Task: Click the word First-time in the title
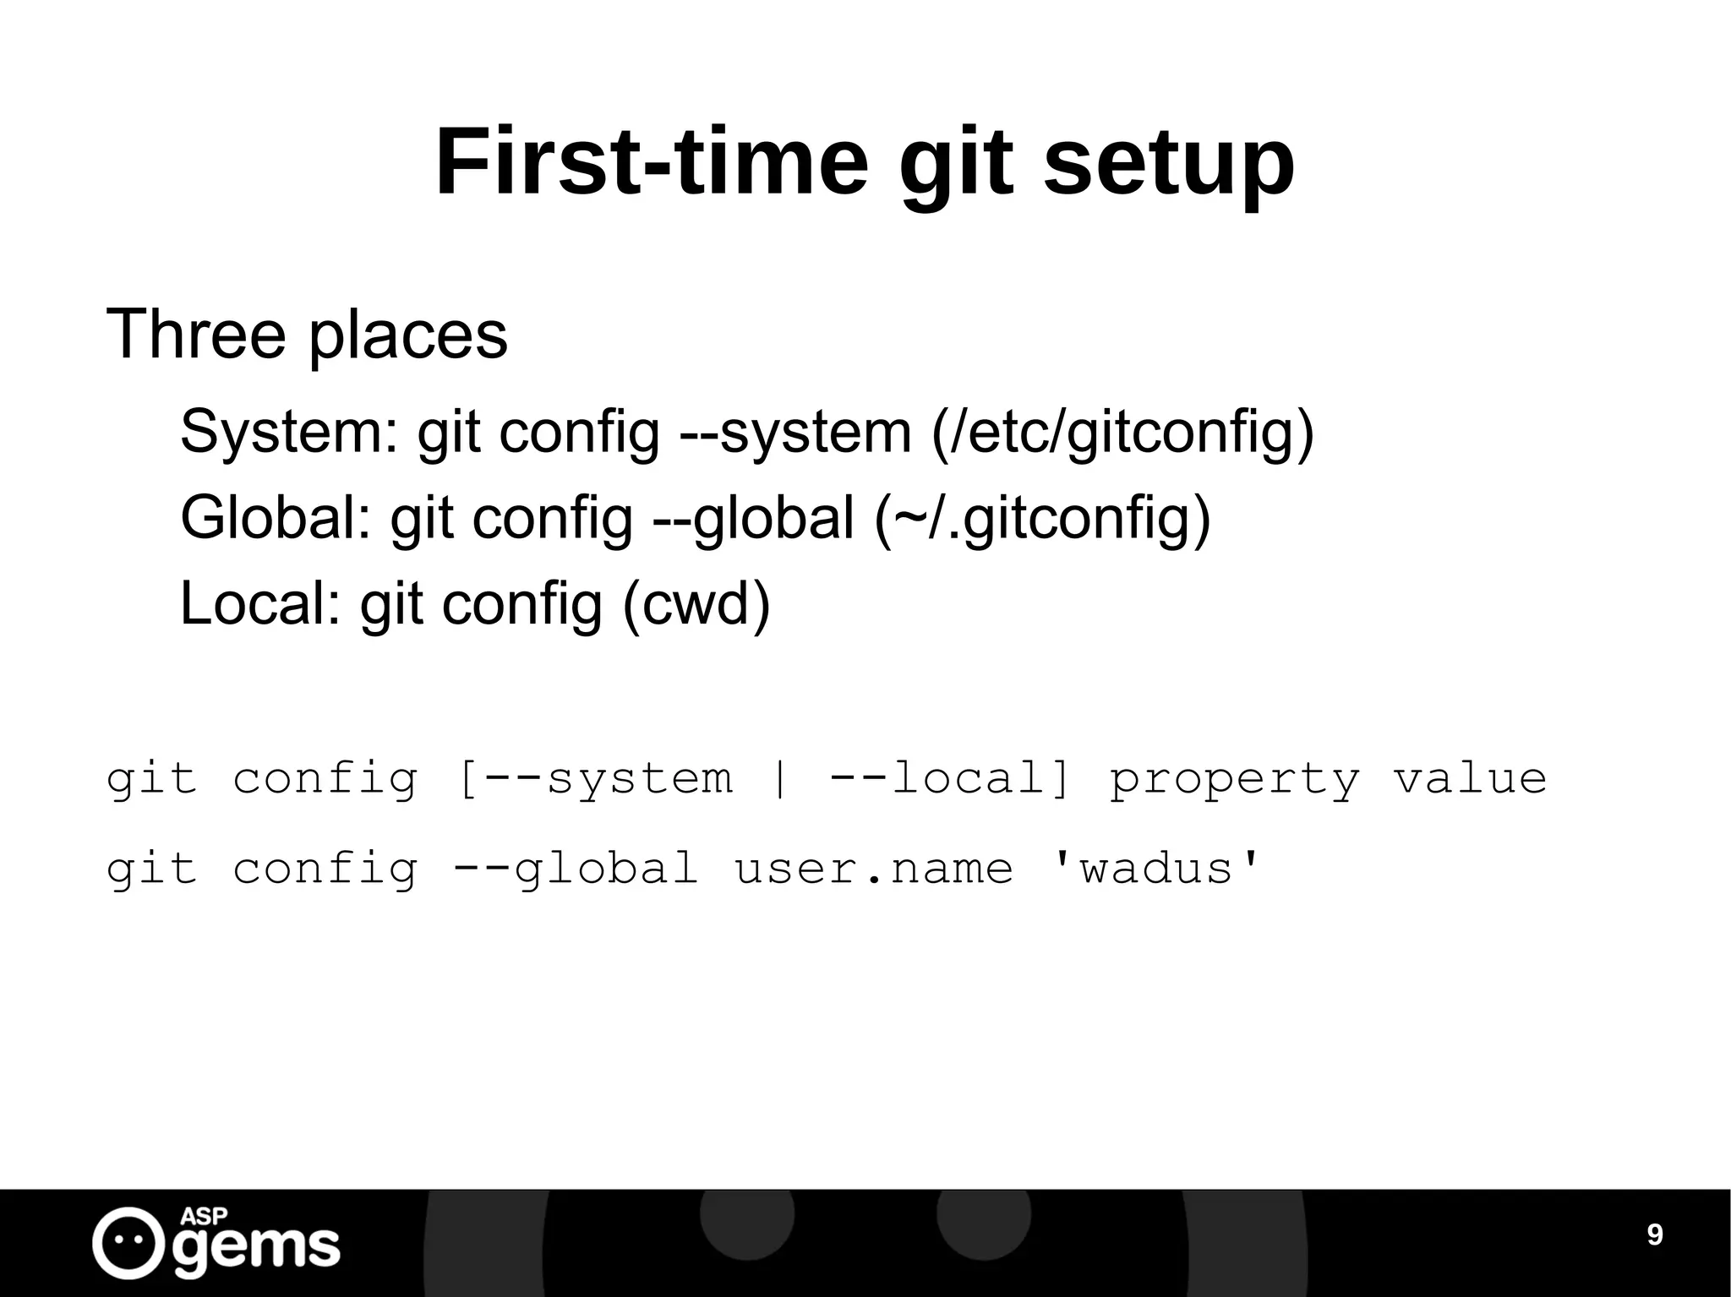coord(652,162)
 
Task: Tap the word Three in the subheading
coord(195,335)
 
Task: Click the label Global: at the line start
coord(276,518)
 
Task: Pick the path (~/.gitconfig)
coord(1043,520)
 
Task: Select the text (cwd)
coord(696,603)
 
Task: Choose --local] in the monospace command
coord(949,779)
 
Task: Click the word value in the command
coord(1470,779)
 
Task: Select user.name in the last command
coord(874,869)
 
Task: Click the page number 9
coord(1655,1235)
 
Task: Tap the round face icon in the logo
coord(128,1242)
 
